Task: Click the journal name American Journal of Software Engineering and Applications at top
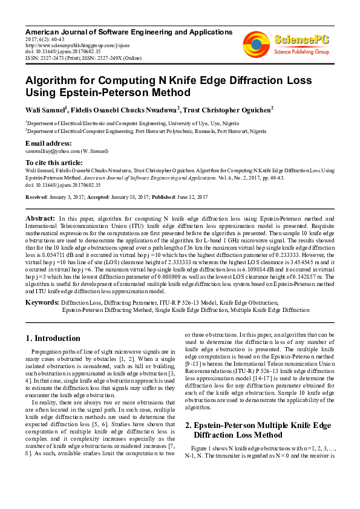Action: pyautogui.click(x=129, y=31)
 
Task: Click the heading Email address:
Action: pyautogui.click(x=48, y=143)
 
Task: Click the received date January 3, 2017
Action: pyautogui.click(x=71, y=197)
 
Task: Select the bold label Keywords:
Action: pyautogui.click(x=42, y=300)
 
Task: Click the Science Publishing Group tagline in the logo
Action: pyautogui.click(x=301, y=52)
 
